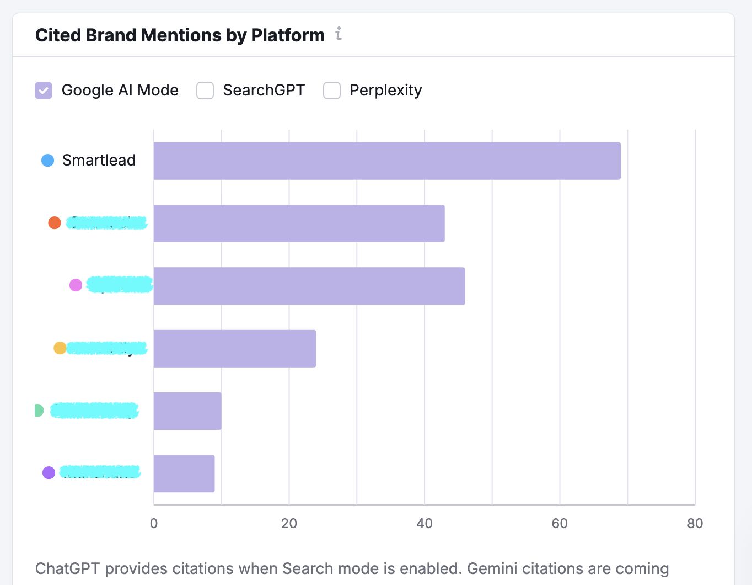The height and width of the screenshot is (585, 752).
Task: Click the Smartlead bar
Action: [x=387, y=161]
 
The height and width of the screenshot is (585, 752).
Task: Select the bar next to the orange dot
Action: [x=299, y=224]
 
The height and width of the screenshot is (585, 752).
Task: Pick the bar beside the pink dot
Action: [x=309, y=286]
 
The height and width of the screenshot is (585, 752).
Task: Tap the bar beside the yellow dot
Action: [x=235, y=348]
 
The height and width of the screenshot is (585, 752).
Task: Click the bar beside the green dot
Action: [x=187, y=411]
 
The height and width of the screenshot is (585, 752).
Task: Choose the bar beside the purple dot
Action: [x=184, y=474]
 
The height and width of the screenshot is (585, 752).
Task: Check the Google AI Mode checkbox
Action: [x=44, y=90]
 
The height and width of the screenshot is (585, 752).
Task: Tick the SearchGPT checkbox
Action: [x=205, y=90]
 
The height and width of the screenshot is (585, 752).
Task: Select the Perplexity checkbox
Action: [x=332, y=90]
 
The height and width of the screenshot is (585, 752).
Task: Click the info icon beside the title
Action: [x=339, y=34]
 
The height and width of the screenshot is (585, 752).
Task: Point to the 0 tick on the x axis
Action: [x=154, y=523]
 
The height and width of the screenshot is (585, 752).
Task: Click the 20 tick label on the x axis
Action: [x=289, y=523]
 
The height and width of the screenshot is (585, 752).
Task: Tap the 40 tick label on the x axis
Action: [x=425, y=523]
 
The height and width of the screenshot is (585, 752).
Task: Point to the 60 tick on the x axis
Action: [x=560, y=523]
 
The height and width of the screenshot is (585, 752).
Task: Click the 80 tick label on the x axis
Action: [x=695, y=523]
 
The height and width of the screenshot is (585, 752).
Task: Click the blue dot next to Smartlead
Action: [x=48, y=161]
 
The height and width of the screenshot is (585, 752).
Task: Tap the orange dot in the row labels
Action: [x=55, y=223]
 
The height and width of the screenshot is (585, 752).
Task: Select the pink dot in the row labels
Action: [x=76, y=285]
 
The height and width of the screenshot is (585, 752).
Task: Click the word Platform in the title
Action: [x=288, y=35]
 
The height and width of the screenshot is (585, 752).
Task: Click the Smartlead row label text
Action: [x=99, y=160]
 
